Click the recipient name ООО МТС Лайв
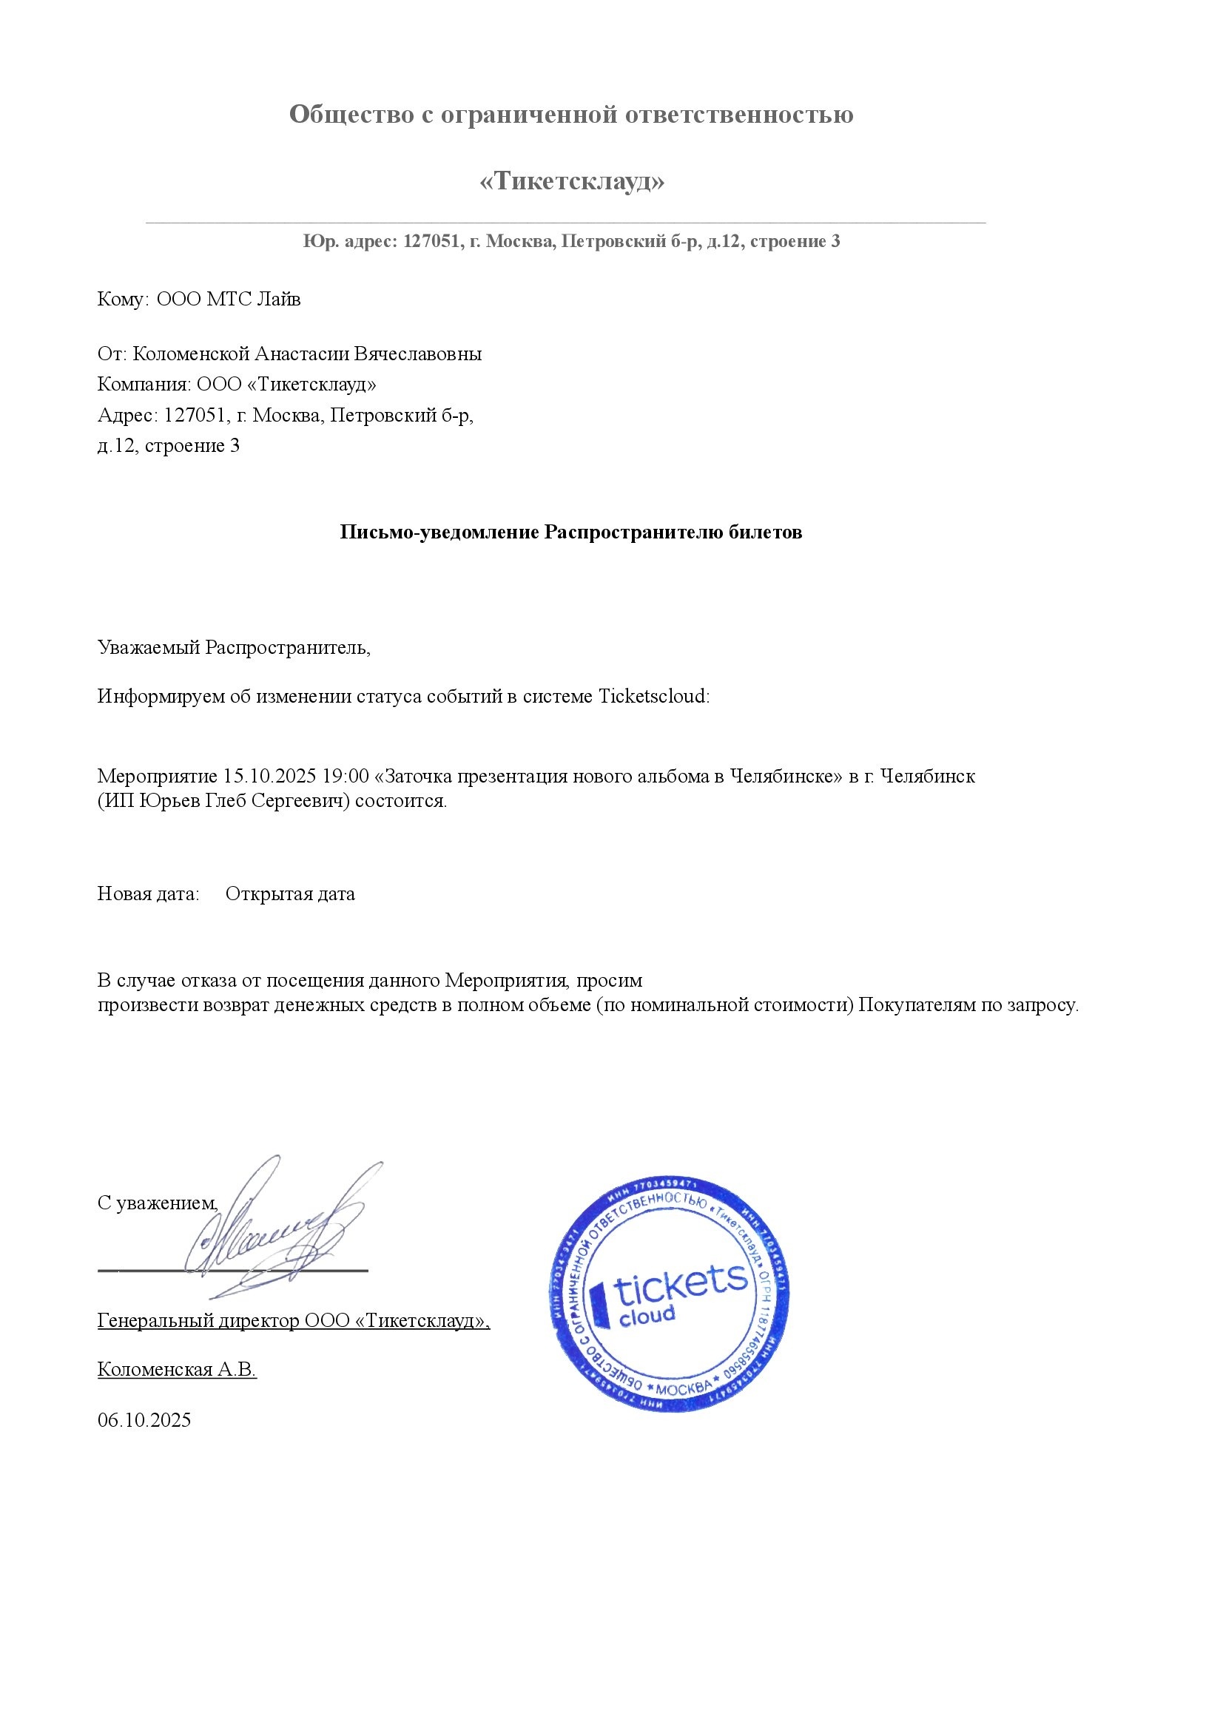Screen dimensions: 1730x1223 229,299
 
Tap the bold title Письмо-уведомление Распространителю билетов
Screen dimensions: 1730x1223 570,532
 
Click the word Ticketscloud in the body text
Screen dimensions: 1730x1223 653,696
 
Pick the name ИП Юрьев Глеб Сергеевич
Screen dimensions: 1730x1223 223,800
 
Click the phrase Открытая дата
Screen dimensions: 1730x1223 290,894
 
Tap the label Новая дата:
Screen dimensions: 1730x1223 149,894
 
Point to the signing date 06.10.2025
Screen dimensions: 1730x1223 144,1420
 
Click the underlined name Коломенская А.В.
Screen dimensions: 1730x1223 177,1369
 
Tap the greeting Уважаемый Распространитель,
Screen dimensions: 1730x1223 234,647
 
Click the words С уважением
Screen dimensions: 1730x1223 158,1203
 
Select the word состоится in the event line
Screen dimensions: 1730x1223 400,800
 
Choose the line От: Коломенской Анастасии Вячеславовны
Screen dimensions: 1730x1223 289,354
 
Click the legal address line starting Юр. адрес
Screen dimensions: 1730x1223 571,241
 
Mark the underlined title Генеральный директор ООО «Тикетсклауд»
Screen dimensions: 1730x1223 293,1321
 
